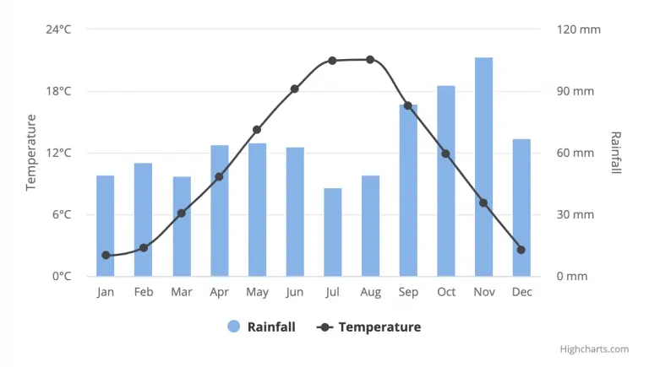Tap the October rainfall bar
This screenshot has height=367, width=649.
click(x=446, y=181)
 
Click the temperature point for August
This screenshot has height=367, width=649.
click(x=370, y=60)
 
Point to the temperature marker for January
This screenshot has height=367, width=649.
click(x=106, y=255)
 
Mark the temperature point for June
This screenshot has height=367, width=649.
click(x=295, y=89)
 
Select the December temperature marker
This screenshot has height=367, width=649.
click(x=521, y=250)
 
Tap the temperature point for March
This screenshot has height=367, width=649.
click(x=182, y=213)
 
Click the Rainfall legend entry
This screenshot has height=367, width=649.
click(x=262, y=327)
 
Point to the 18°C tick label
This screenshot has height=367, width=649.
click(x=59, y=91)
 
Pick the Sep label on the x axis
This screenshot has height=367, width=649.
click(x=408, y=292)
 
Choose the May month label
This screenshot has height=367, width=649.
click(x=257, y=292)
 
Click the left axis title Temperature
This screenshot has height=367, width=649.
click(x=32, y=153)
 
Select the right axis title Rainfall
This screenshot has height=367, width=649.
click(x=616, y=153)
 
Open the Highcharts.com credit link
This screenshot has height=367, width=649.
click(x=594, y=349)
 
